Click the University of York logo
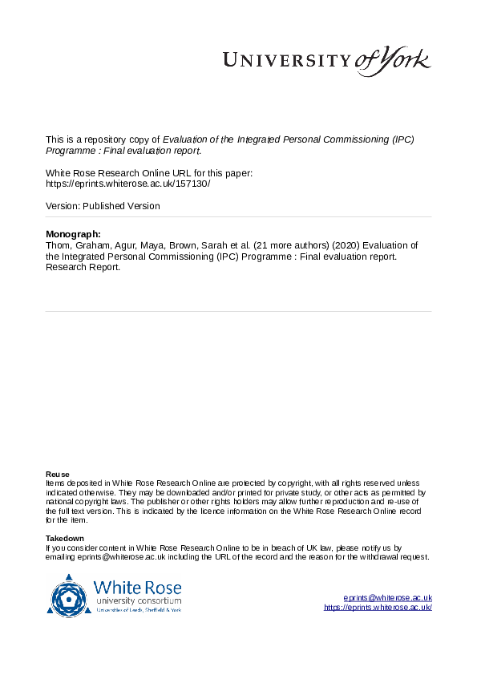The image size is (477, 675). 325,61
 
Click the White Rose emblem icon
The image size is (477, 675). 69,594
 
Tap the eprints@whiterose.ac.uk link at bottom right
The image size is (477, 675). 387,597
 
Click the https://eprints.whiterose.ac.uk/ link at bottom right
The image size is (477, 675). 378,608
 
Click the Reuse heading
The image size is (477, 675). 57,474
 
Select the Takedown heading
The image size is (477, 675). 64,538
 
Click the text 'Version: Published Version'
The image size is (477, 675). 103,206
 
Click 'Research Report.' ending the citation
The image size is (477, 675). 83,268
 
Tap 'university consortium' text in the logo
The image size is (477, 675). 138,600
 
